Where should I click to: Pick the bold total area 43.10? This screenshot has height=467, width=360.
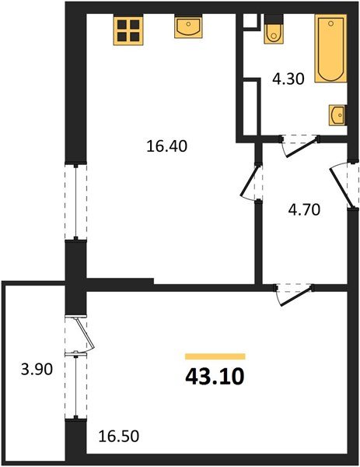pos(215,377)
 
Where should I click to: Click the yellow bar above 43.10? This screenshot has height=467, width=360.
pos(215,356)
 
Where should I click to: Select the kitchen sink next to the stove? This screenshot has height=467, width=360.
pos(188,28)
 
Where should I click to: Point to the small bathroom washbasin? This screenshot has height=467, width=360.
pos(337,114)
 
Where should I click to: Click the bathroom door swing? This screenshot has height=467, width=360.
pos(299,146)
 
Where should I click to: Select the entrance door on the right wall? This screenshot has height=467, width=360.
pos(343,184)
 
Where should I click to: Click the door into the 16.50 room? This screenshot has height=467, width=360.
pos(293,294)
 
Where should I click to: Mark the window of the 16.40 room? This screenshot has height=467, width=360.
pos(75,200)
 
